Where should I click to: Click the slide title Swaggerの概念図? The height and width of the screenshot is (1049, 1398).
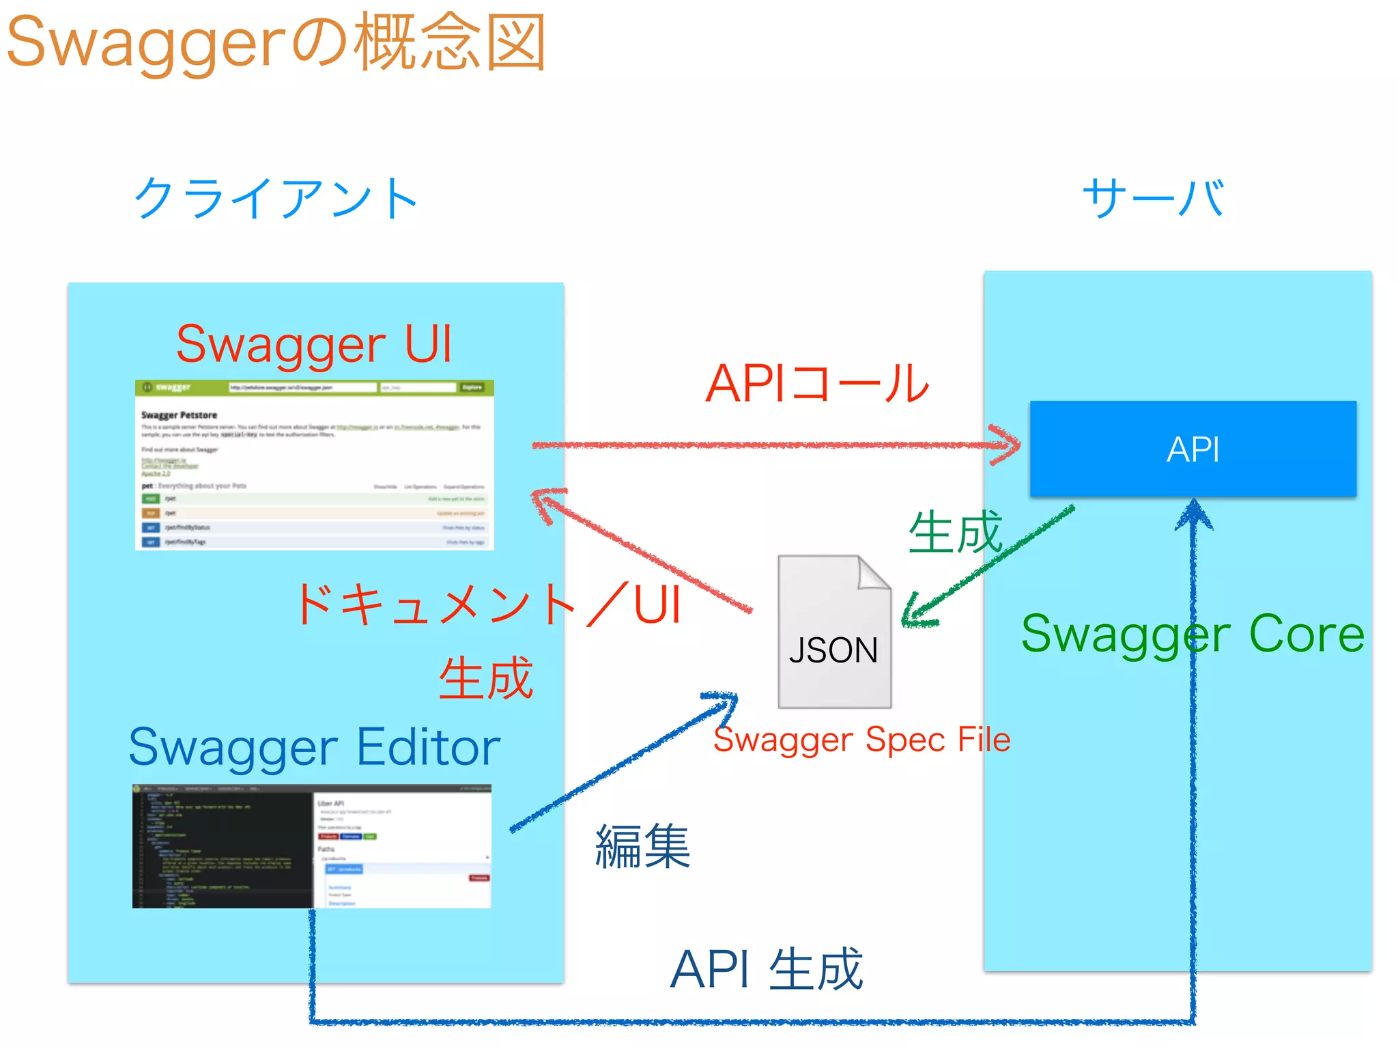point(276,42)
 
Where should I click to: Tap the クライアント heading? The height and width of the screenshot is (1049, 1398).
point(276,198)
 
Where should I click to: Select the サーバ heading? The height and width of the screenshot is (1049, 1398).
point(1153,198)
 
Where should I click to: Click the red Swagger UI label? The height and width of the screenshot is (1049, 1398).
point(314,344)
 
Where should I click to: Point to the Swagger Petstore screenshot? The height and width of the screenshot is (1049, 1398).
point(314,464)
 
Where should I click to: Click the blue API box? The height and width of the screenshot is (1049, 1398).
point(1193,449)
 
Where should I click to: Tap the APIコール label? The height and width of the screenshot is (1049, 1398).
point(817,383)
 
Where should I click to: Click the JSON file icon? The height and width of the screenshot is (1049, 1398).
point(834,632)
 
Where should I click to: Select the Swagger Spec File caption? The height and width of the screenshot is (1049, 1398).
point(861,740)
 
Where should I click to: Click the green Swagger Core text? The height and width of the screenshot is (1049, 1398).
point(1193,634)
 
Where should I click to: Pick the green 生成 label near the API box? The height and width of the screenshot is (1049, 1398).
point(955,532)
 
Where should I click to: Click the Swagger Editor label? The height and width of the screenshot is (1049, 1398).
point(314,746)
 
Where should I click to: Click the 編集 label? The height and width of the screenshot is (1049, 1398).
point(642,846)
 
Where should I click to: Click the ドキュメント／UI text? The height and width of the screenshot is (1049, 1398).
point(489,604)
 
